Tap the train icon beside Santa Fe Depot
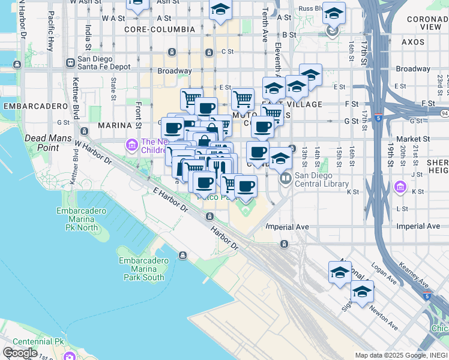tap(71, 61)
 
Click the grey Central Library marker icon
tap(285, 178)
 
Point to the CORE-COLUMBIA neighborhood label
tap(157, 29)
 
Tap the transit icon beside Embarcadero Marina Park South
tap(182, 256)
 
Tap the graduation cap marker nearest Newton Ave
tap(362, 292)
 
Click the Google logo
tap(20, 353)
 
